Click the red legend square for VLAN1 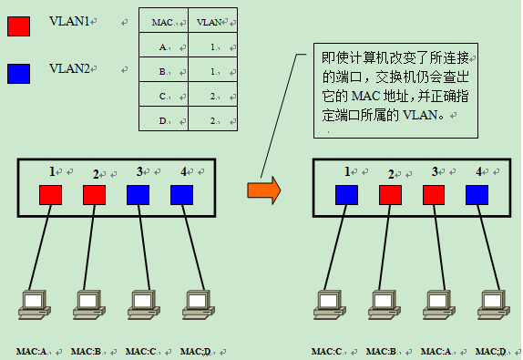(19, 25)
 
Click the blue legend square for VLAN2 (19, 73)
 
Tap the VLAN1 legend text (71, 21)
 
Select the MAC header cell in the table (163, 21)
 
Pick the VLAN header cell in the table (211, 21)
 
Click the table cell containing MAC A (163, 46)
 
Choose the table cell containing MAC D (163, 119)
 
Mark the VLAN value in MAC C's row (211, 95)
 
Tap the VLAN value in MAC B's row (211, 70)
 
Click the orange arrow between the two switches (264, 190)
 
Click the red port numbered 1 (51, 194)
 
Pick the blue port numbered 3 (138, 194)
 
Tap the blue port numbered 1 (346, 194)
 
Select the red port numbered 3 (434, 194)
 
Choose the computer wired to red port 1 (33, 303)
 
